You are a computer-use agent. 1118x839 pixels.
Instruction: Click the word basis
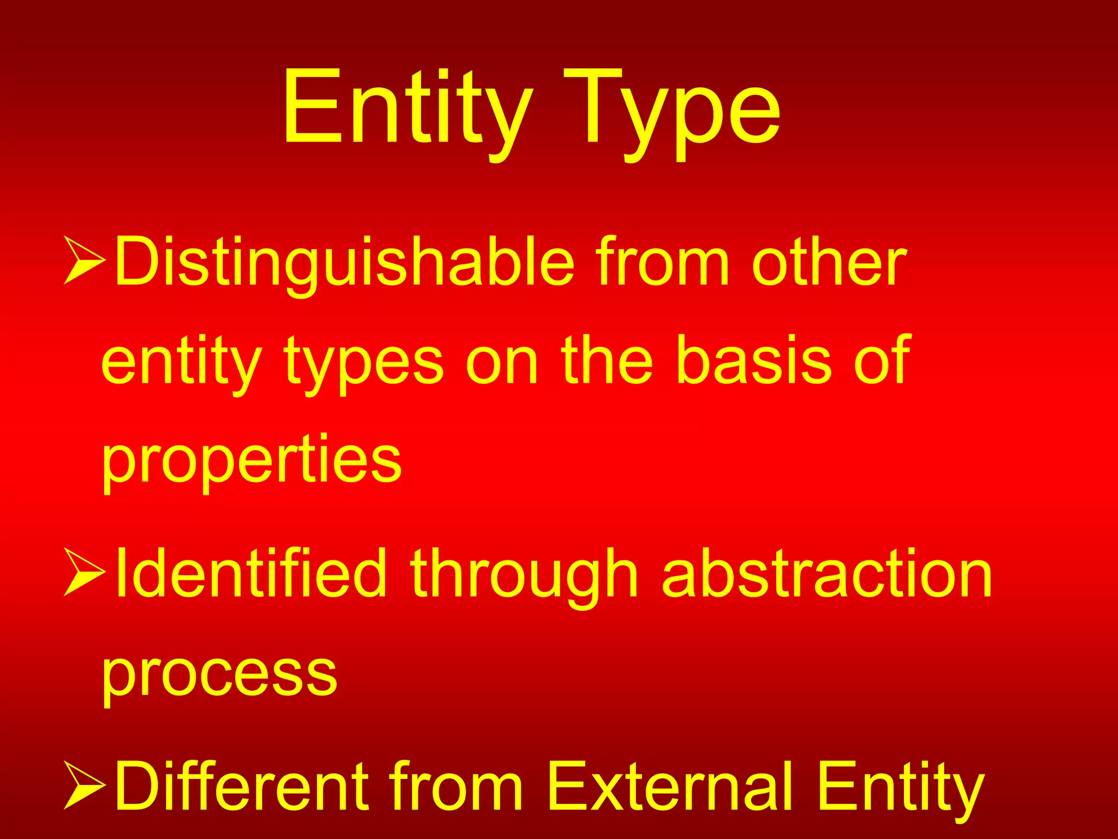tap(754, 361)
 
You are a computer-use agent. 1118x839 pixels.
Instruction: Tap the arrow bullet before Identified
tap(85, 572)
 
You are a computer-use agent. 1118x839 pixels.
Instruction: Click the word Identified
tap(251, 574)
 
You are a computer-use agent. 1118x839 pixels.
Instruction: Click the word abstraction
tap(826, 574)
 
